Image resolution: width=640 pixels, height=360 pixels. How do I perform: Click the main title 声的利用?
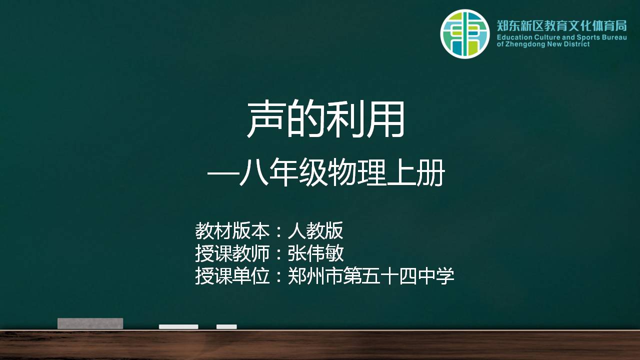tap(325, 119)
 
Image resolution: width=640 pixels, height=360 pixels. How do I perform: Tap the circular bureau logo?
tap(465, 34)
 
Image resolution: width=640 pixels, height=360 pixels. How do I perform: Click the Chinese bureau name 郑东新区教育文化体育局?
tap(561, 25)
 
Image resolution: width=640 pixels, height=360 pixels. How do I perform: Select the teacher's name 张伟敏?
tap(315, 253)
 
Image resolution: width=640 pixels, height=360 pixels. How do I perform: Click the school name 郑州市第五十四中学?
tap(371, 275)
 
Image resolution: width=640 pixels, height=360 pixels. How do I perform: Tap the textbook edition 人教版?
tap(315, 230)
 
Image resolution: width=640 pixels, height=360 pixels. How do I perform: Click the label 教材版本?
tap(232, 230)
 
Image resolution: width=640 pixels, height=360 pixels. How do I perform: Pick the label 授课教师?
tap(232, 253)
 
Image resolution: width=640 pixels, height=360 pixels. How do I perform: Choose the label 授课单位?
tap(232, 275)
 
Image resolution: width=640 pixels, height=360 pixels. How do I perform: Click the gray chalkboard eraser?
tap(90, 323)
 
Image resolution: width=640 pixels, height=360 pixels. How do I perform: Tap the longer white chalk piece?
tap(178, 326)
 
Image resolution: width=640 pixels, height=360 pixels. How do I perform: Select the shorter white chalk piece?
tap(226, 326)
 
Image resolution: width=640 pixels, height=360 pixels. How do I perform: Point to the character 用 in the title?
tap(386, 119)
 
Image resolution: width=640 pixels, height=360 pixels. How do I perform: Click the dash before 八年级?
tap(223, 173)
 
